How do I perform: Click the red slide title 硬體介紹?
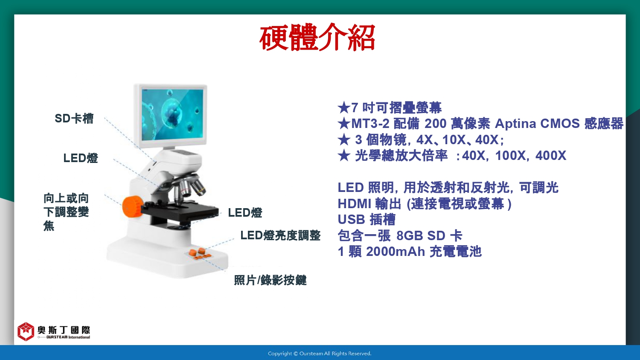click(x=317, y=38)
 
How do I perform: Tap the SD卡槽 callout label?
click(x=74, y=119)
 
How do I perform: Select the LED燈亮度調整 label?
click(x=280, y=235)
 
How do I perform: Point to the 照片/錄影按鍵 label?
click(x=270, y=280)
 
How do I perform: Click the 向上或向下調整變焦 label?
click(x=66, y=212)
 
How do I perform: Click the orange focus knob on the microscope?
click(x=133, y=206)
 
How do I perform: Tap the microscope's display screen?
click(x=172, y=115)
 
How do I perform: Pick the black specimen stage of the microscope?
click(x=180, y=212)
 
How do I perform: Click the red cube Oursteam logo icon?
click(x=26, y=331)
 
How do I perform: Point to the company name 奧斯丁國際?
click(x=64, y=330)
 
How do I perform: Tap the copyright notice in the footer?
click(x=320, y=354)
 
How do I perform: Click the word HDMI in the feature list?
click(x=354, y=204)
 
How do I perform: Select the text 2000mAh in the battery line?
click(x=396, y=252)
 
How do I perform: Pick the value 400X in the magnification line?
click(x=550, y=156)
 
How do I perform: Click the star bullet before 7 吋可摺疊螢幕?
click(x=344, y=108)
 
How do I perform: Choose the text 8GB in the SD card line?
click(x=410, y=236)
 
